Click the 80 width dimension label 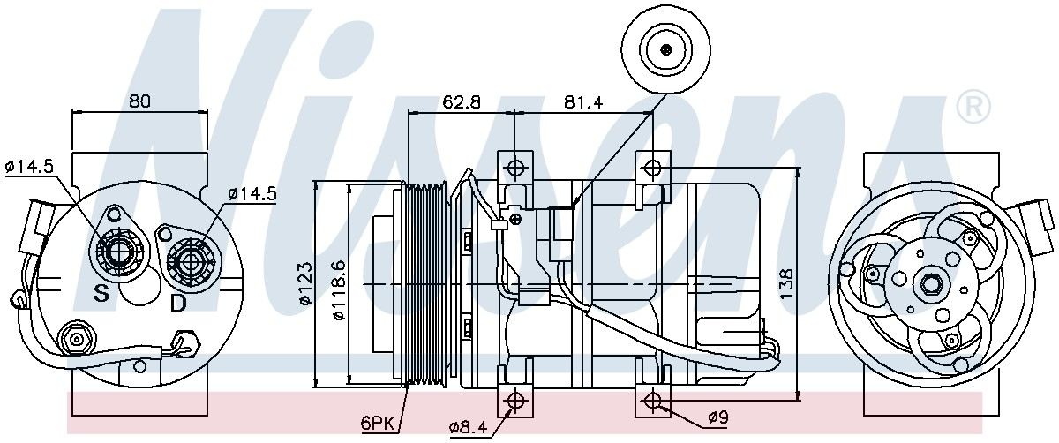click(x=139, y=101)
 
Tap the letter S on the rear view click(x=101, y=294)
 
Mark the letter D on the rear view click(x=178, y=304)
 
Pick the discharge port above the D click(x=189, y=260)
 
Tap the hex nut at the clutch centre click(x=930, y=284)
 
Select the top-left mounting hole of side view click(x=514, y=168)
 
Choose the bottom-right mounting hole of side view click(x=652, y=401)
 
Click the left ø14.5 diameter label click(x=29, y=166)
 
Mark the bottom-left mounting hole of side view click(x=514, y=401)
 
